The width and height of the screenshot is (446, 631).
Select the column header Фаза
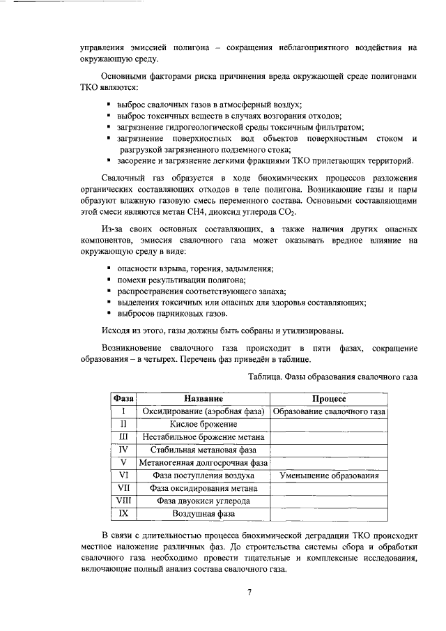(123, 398)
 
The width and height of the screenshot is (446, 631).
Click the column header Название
(203, 398)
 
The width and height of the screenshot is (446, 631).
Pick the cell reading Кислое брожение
(203, 424)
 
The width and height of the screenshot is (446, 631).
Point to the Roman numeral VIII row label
(123, 501)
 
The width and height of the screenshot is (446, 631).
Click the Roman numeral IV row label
(123, 450)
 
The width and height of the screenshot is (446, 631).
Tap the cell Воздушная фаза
(203, 514)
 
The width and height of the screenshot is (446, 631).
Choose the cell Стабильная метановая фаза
(203, 450)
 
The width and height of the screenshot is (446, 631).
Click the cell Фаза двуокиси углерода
(203, 501)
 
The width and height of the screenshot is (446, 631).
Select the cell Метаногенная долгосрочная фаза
(203, 462)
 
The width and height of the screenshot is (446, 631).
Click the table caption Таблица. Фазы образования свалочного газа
(332, 377)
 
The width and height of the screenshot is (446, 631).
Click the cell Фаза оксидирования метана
(203, 488)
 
